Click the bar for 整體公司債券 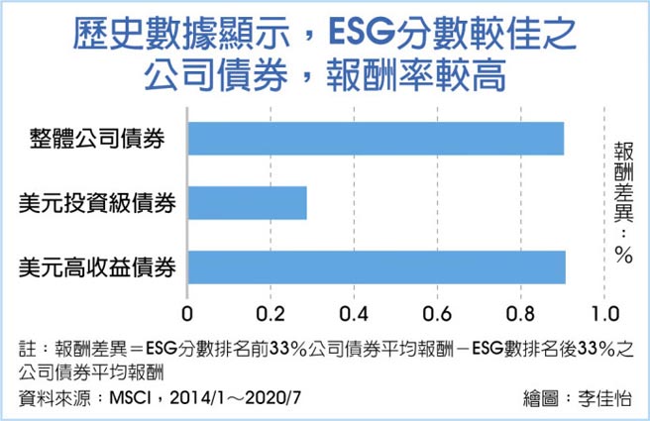click(x=375, y=139)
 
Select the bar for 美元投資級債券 click(x=246, y=204)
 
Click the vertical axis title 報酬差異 click(x=623, y=188)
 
